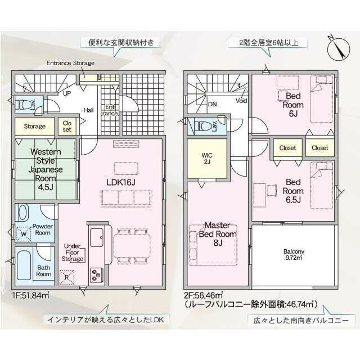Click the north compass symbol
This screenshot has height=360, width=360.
(339, 49)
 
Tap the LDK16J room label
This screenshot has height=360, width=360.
(121, 182)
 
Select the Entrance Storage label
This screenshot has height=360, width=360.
(70, 63)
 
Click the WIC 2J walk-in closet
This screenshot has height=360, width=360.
(207, 159)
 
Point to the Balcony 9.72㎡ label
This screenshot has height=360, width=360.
(294, 254)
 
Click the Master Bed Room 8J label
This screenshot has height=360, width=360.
(218, 234)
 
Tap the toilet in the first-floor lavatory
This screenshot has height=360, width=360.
(22, 105)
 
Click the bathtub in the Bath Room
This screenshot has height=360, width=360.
(24, 265)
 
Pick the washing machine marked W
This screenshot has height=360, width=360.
(24, 234)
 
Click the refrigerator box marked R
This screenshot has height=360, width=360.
(67, 277)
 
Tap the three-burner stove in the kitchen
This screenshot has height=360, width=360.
(96, 275)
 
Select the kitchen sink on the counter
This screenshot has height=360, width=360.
(96, 237)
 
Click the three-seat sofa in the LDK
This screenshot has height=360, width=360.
(126, 199)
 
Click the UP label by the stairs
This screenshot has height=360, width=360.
(67, 93)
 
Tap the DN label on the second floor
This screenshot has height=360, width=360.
(213, 105)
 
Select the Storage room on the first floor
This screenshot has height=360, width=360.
(35, 126)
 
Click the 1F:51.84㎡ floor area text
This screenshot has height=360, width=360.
(31, 295)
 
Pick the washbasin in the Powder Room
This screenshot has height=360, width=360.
(23, 213)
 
